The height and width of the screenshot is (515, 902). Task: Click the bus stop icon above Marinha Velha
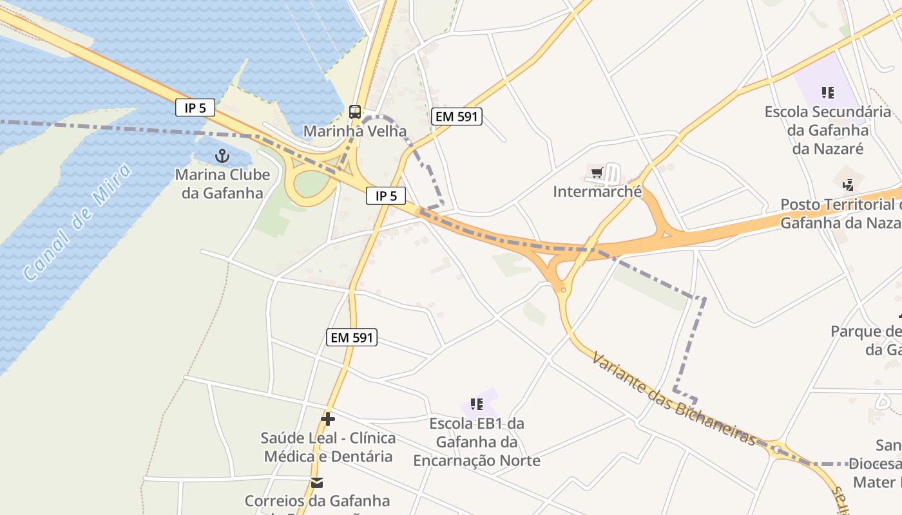355,112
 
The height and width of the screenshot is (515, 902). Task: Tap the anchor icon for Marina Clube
222,155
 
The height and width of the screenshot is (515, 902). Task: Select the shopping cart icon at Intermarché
597,173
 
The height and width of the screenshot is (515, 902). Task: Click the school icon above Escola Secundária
828,93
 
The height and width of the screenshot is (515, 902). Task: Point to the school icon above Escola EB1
477,404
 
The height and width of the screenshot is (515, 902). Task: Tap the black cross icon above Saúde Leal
328,419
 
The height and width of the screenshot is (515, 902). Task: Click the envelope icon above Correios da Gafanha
317,483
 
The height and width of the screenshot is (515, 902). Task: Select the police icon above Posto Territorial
849,185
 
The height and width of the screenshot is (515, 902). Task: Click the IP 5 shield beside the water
195,108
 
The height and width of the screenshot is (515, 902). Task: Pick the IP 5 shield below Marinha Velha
386,196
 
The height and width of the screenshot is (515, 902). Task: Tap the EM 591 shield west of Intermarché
457,117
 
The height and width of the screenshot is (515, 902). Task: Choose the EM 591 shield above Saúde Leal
351,337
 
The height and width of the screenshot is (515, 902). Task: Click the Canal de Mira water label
77,222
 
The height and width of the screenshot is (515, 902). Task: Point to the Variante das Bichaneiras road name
674,398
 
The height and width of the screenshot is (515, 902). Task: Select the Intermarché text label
597,192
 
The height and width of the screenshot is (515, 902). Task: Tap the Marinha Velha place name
355,131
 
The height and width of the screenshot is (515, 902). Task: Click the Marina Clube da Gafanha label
222,183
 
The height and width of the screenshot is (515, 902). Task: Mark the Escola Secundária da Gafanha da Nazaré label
828,130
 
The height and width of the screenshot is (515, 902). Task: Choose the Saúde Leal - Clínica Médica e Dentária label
328,447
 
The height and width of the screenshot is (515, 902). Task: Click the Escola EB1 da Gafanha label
477,442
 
